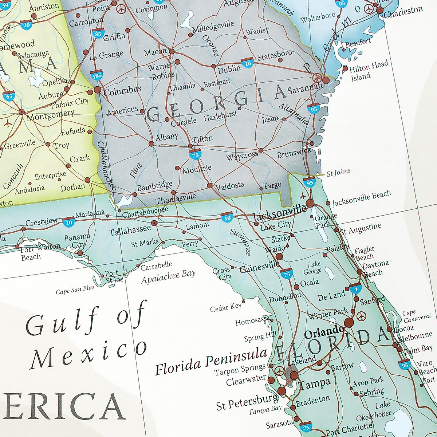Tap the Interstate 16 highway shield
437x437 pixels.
point(248,63)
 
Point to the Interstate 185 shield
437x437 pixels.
point(97,75)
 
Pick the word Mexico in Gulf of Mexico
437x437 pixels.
point(89,353)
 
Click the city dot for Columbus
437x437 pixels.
point(97,89)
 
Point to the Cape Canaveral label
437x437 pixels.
point(416,316)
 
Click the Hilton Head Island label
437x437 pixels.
point(369,71)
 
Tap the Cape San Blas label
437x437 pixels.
point(75,290)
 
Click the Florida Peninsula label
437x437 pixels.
point(211,361)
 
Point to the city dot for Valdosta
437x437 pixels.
point(209,186)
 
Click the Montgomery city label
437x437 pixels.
point(50,115)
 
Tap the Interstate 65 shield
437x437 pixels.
point(9,96)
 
